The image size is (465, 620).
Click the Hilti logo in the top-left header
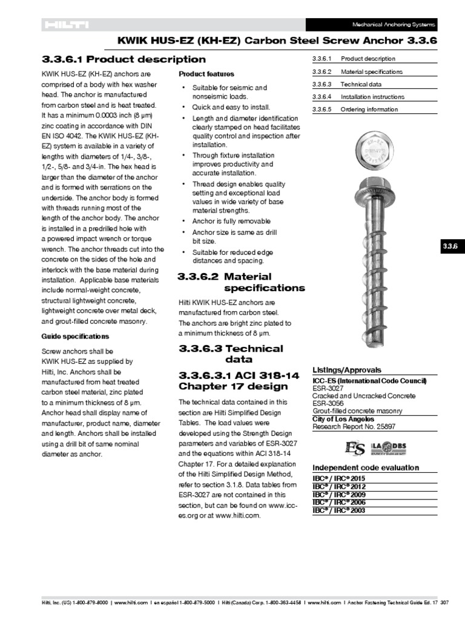click(65, 25)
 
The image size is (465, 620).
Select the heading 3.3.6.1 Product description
click(124, 59)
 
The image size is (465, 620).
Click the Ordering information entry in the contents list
click(369, 110)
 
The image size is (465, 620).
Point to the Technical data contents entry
click(361, 84)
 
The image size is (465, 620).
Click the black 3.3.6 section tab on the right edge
click(450, 246)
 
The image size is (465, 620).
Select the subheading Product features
click(206, 74)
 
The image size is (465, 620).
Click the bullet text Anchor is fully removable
click(231, 222)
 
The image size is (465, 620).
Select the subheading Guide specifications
click(75, 336)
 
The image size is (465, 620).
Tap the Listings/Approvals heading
click(347, 369)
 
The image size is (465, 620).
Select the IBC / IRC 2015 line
click(339, 478)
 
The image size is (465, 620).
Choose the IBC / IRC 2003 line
click(339, 510)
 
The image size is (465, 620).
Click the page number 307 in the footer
click(444, 603)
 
